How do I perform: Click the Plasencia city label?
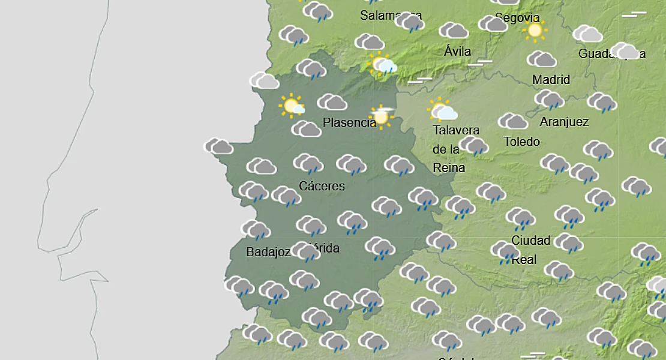coord(349,123)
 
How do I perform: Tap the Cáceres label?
coord(322,186)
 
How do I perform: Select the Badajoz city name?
coord(268,253)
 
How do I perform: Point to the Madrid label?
coord(551,80)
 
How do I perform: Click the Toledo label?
coord(521,142)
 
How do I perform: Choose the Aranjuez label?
coord(564,122)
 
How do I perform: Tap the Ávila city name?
coord(457,52)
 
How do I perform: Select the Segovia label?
coord(517,18)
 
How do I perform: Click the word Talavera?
coord(456,131)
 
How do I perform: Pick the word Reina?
coord(449,168)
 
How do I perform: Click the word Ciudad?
coord(530,241)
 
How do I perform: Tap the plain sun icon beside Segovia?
coord(534,30)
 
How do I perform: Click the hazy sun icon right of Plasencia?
coord(381,116)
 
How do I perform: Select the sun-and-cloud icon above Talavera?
coord(442,110)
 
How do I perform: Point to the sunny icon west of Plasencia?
coord(292,106)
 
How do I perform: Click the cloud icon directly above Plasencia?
coord(332,103)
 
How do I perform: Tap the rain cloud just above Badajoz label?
coord(256,230)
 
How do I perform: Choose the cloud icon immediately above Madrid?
coord(541,59)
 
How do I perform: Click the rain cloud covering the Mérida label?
coord(306,252)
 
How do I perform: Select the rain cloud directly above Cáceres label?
coord(308,163)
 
